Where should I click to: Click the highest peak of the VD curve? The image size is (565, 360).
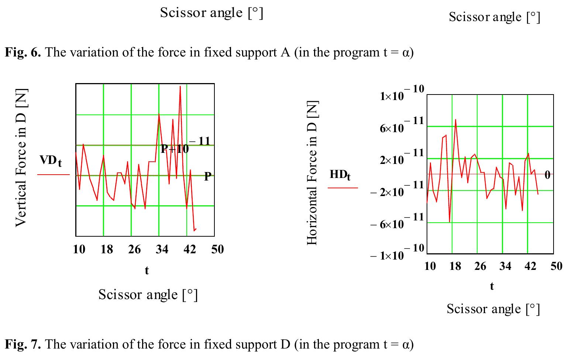(x=180, y=87)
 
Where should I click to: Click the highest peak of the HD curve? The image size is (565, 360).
(x=455, y=120)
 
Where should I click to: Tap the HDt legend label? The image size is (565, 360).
(x=340, y=175)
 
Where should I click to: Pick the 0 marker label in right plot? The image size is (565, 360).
(x=547, y=175)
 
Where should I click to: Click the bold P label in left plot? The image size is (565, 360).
(x=208, y=176)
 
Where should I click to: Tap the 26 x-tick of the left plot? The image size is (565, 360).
(x=134, y=250)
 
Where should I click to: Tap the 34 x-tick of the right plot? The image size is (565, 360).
(x=505, y=266)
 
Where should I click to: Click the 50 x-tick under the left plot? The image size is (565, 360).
(x=217, y=250)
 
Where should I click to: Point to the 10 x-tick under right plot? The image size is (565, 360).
(x=430, y=266)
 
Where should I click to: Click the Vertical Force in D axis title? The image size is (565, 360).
(x=21, y=158)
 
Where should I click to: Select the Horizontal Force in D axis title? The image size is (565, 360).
(x=312, y=172)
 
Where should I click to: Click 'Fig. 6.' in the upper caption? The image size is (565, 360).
(x=22, y=52)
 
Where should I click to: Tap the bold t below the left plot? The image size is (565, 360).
(x=147, y=271)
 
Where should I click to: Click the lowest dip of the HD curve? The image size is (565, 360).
(x=449, y=222)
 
